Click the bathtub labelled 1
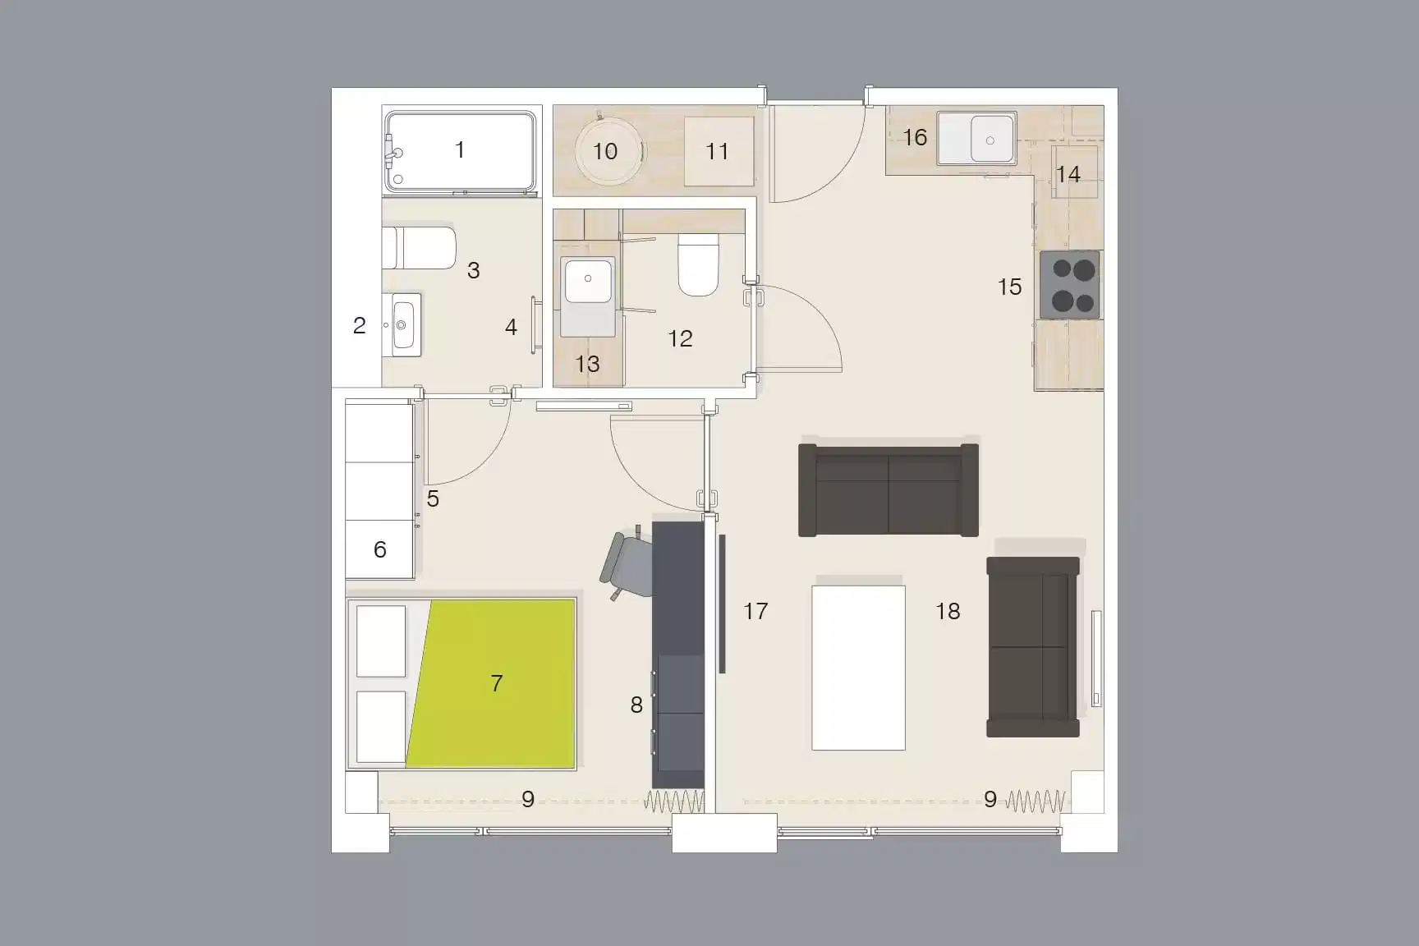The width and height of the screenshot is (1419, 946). (x=461, y=152)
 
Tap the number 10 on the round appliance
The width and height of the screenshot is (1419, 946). (x=605, y=151)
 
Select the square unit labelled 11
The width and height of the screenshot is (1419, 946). (x=719, y=151)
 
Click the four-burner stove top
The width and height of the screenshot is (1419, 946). (x=1070, y=285)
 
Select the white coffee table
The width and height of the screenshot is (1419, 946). (x=858, y=667)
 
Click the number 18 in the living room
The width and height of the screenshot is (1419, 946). (x=948, y=611)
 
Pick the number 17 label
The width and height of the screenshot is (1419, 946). (x=755, y=611)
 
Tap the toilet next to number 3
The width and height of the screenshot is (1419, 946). (x=420, y=247)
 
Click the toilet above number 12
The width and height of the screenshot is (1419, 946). (x=699, y=264)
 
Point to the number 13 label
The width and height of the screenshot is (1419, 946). (x=587, y=364)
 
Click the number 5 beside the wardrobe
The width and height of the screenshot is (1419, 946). (x=433, y=498)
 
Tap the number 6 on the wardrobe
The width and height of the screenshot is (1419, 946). (x=379, y=549)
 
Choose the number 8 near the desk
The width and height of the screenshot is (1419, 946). (x=636, y=705)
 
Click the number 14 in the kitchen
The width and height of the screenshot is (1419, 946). (x=1068, y=174)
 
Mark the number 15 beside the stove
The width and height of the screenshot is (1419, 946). (x=1009, y=287)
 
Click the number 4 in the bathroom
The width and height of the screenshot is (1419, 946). (x=511, y=328)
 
